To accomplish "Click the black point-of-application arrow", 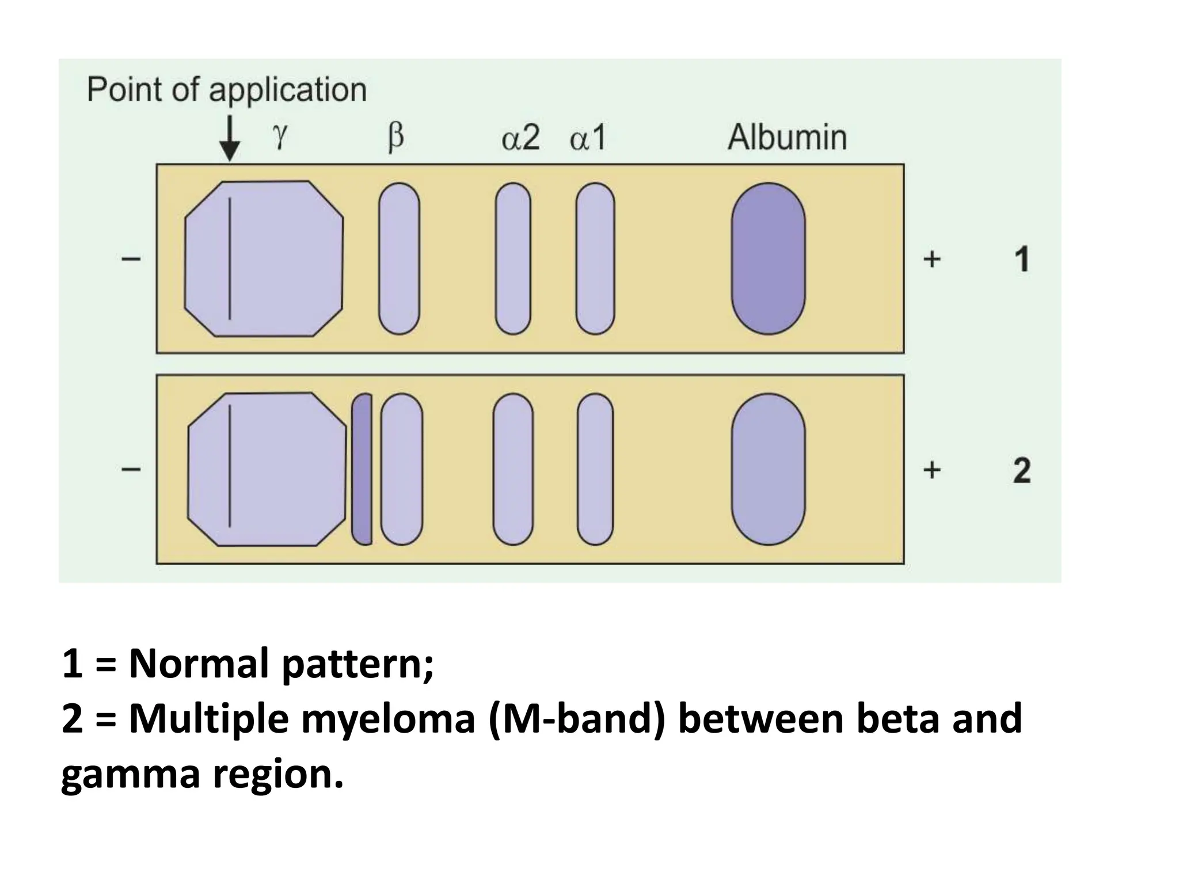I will coord(230,138).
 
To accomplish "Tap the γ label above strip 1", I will coord(280,137).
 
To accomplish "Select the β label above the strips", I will coord(396,138).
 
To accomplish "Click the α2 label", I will coord(520,138).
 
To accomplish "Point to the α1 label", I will coord(588,138).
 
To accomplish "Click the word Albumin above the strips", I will coord(787,138).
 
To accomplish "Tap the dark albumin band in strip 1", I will coord(768,258).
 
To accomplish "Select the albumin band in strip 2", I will coord(768,469).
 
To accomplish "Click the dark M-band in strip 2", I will coord(362,469).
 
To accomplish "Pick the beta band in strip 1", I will coord(399,258).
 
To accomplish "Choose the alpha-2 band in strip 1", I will coord(513,258).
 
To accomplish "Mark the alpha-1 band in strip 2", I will coord(595,469).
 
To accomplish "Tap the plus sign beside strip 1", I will coord(931,260).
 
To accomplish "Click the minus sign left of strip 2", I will coord(131,470).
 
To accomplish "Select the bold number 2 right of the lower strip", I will coord(1021,470).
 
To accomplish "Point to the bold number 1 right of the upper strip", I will coord(1021,260).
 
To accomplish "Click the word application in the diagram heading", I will coord(287,90).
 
